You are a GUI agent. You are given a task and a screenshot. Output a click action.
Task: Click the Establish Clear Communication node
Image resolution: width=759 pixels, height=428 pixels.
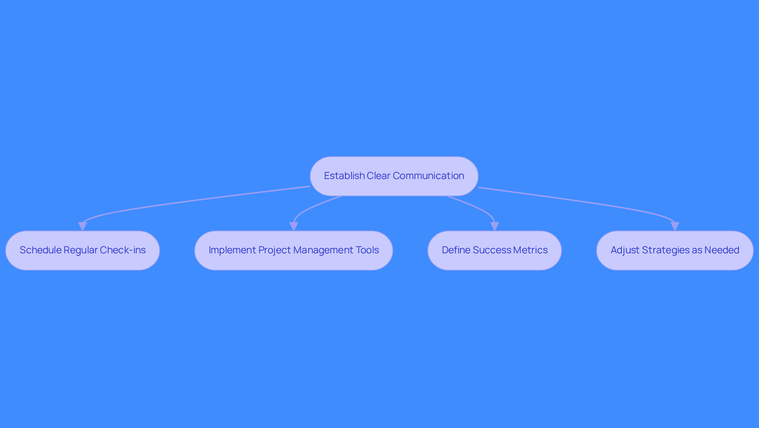[x=394, y=176]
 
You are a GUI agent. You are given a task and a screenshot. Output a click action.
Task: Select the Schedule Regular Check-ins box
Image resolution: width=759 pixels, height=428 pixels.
[x=83, y=251]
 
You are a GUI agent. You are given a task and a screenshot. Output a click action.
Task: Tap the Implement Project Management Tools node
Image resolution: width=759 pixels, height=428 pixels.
[x=294, y=251]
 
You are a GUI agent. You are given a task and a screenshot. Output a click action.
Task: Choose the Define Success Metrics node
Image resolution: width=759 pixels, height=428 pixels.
[x=495, y=251]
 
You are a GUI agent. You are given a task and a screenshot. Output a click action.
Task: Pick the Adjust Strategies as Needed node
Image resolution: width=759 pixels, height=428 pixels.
[x=675, y=251]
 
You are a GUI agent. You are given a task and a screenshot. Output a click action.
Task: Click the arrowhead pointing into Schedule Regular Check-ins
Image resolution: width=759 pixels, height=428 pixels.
[x=83, y=226]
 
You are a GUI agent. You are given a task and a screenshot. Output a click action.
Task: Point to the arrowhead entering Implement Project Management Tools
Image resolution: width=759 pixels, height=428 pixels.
[x=294, y=226]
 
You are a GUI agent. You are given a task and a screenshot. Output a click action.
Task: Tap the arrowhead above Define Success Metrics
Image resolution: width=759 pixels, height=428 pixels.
[x=495, y=226]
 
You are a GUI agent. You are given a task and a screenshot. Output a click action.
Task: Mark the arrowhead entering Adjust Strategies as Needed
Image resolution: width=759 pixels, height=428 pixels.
[x=675, y=226]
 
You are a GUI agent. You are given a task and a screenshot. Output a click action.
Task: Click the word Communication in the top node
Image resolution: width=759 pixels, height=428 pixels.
[x=429, y=176]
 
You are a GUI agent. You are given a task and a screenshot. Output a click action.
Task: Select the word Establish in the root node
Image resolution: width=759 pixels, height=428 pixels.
[x=344, y=176]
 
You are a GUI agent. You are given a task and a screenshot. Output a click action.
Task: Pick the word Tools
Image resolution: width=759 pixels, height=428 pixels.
[x=368, y=250]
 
